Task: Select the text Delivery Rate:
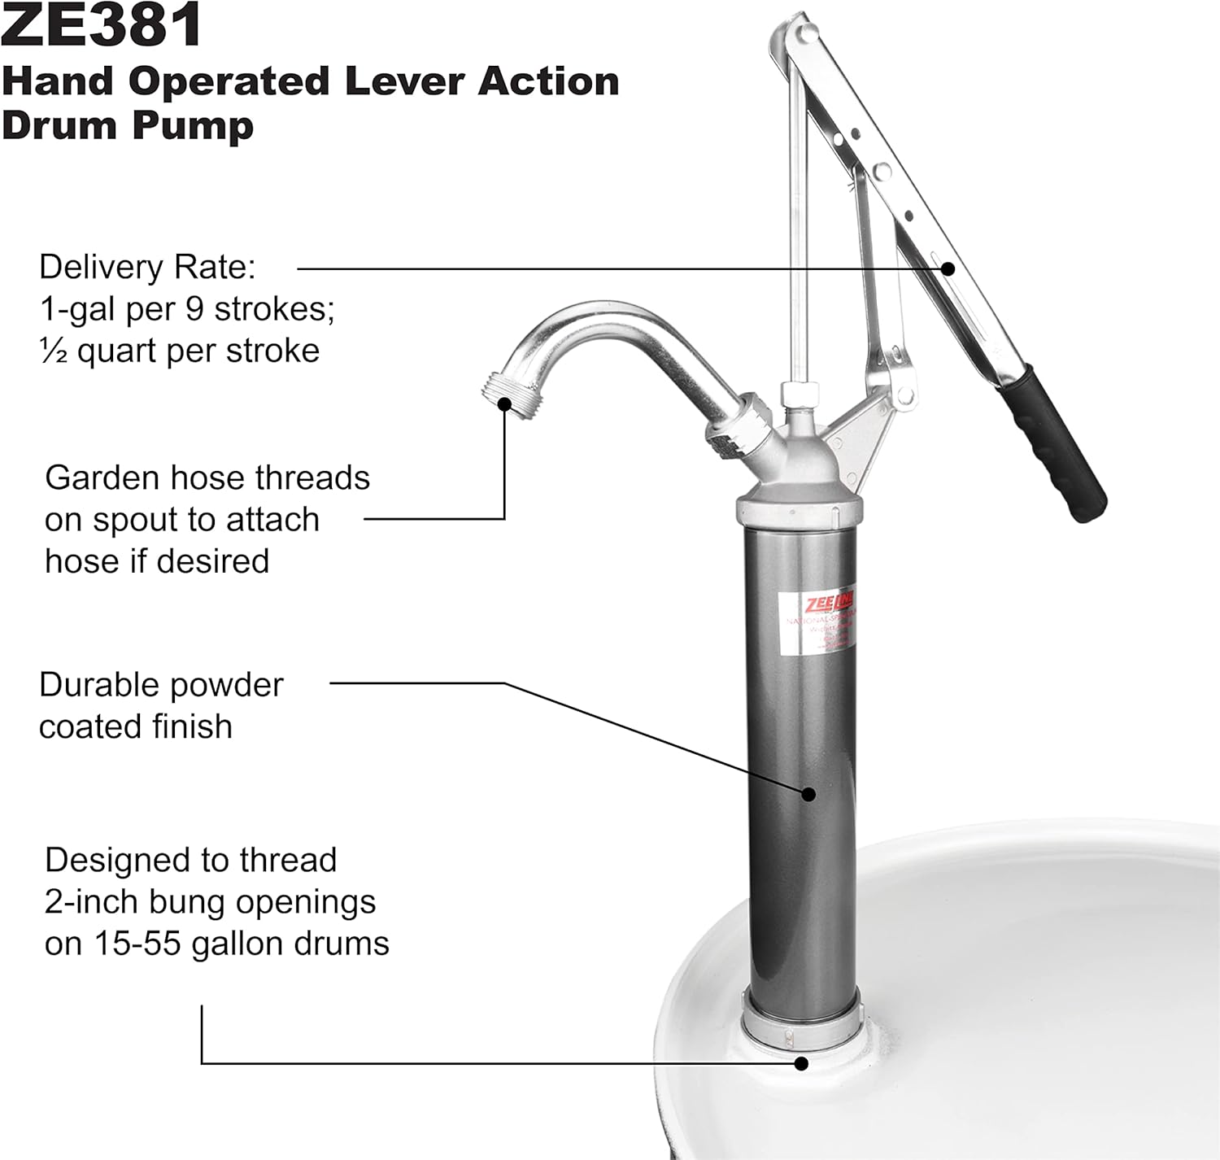click(147, 268)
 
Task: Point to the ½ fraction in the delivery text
click(53, 351)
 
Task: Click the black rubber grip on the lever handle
click(1054, 443)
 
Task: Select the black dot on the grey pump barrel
click(808, 793)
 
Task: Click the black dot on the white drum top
click(802, 1062)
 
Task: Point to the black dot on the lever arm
click(947, 268)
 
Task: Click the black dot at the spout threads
click(504, 403)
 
